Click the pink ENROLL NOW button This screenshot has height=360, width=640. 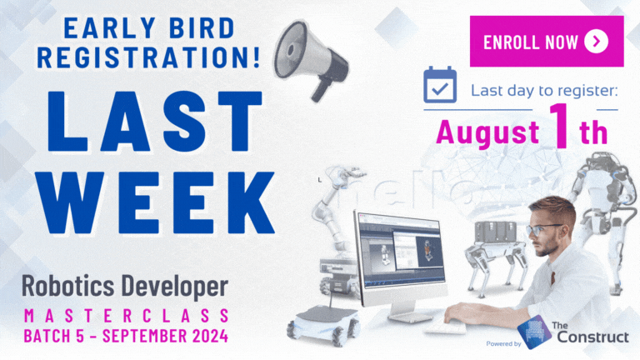click(x=547, y=41)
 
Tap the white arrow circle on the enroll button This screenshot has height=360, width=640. click(x=596, y=42)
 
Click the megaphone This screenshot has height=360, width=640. click(x=311, y=59)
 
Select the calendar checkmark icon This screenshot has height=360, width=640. click(x=440, y=84)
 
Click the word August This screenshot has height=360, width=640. click(x=487, y=132)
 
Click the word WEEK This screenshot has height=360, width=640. click(x=155, y=202)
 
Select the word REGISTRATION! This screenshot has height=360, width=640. click(x=148, y=57)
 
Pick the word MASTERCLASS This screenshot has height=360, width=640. click(x=126, y=316)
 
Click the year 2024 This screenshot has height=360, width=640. click(x=210, y=336)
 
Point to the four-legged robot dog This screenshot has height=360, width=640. click(x=497, y=255)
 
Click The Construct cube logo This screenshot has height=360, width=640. click(x=534, y=332)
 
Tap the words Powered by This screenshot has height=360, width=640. click(x=503, y=343)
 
